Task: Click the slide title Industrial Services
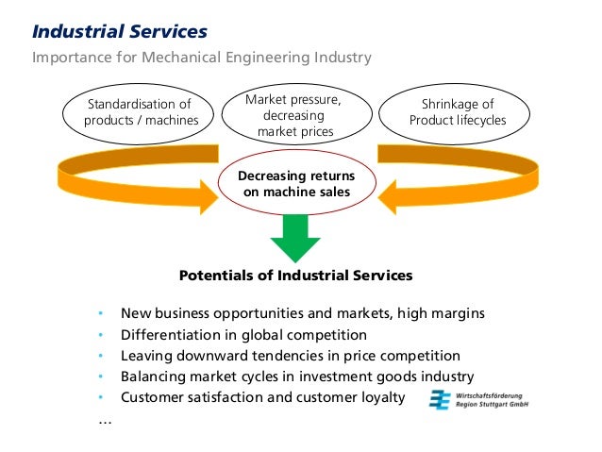[120, 32]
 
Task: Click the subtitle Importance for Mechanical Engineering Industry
[202, 58]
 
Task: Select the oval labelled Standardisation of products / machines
[139, 112]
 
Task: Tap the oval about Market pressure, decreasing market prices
[293, 115]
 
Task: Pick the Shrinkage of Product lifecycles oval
[457, 112]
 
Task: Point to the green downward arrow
[294, 236]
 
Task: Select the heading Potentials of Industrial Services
[295, 276]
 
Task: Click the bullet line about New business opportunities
[303, 313]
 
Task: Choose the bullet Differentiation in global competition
[243, 335]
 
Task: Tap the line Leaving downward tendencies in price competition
[290, 356]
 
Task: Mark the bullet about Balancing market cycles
[296, 377]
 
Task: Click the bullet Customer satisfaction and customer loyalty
[261, 397]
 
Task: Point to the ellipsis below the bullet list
[104, 421]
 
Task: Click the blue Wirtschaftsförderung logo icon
[440, 400]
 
